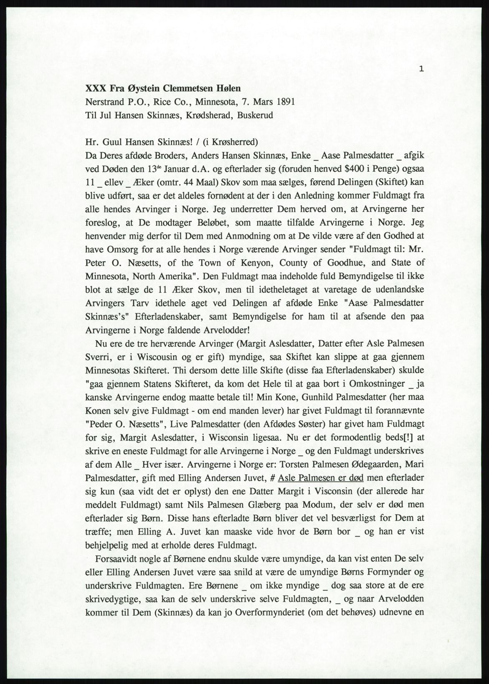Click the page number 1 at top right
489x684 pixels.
(x=422, y=69)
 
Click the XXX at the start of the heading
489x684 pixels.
(x=95, y=89)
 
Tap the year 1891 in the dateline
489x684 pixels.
(x=281, y=102)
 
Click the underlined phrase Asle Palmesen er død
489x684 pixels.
(x=321, y=478)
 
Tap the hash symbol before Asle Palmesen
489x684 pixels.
(x=272, y=478)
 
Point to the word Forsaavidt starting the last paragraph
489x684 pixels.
(x=119, y=559)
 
